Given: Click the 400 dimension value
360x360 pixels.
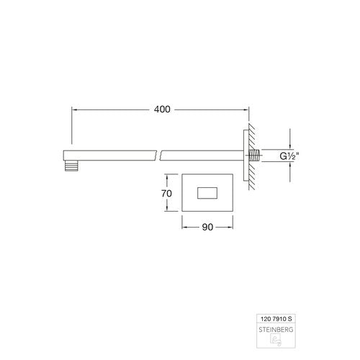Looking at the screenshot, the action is [162, 109].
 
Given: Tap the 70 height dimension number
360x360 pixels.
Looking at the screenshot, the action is [166, 193].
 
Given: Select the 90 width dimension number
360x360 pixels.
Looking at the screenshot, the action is [207, 227].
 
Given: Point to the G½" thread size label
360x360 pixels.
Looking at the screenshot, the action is [289, 156].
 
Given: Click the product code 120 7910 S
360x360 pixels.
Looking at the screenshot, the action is [276, 319].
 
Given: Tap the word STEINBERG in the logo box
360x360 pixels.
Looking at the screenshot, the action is [276, 330].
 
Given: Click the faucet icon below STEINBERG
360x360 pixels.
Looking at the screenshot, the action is [276, 340].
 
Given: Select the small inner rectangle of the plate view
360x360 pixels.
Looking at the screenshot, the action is [207, 193].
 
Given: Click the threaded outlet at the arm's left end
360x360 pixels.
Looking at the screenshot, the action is [71, 166].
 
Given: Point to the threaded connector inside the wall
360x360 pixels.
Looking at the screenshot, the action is [255, 156].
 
